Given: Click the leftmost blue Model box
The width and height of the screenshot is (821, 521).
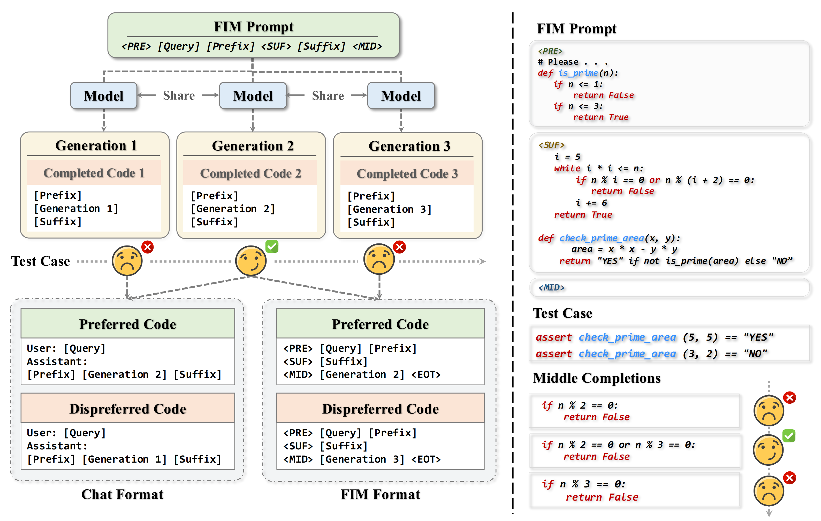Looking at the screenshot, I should [104, 96].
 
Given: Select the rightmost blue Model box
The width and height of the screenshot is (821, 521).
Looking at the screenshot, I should [401, 96].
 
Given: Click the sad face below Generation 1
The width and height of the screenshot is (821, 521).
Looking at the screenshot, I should [127, 261].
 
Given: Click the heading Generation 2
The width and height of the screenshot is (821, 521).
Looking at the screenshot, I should [253, 146].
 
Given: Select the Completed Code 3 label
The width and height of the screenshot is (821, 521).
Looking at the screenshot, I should [407, 173].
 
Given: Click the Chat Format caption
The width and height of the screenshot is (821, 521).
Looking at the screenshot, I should [122, 494].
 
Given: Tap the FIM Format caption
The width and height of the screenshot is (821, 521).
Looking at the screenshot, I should [380, 494].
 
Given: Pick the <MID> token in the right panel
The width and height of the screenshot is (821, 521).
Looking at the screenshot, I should [551, 288].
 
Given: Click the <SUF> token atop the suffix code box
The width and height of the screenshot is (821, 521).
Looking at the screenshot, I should [551, 145].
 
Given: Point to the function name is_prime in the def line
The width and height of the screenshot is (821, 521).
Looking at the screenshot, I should [578, 73].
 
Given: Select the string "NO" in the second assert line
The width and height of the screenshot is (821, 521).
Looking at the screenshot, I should [756, 354].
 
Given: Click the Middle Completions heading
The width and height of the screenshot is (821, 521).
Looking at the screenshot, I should [597, 378].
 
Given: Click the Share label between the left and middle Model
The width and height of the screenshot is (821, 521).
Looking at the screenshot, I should [179, 96].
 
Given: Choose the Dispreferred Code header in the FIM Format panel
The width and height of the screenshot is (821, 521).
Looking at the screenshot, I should [380, 409].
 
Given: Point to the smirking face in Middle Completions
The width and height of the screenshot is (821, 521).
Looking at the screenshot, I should [768, 450].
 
